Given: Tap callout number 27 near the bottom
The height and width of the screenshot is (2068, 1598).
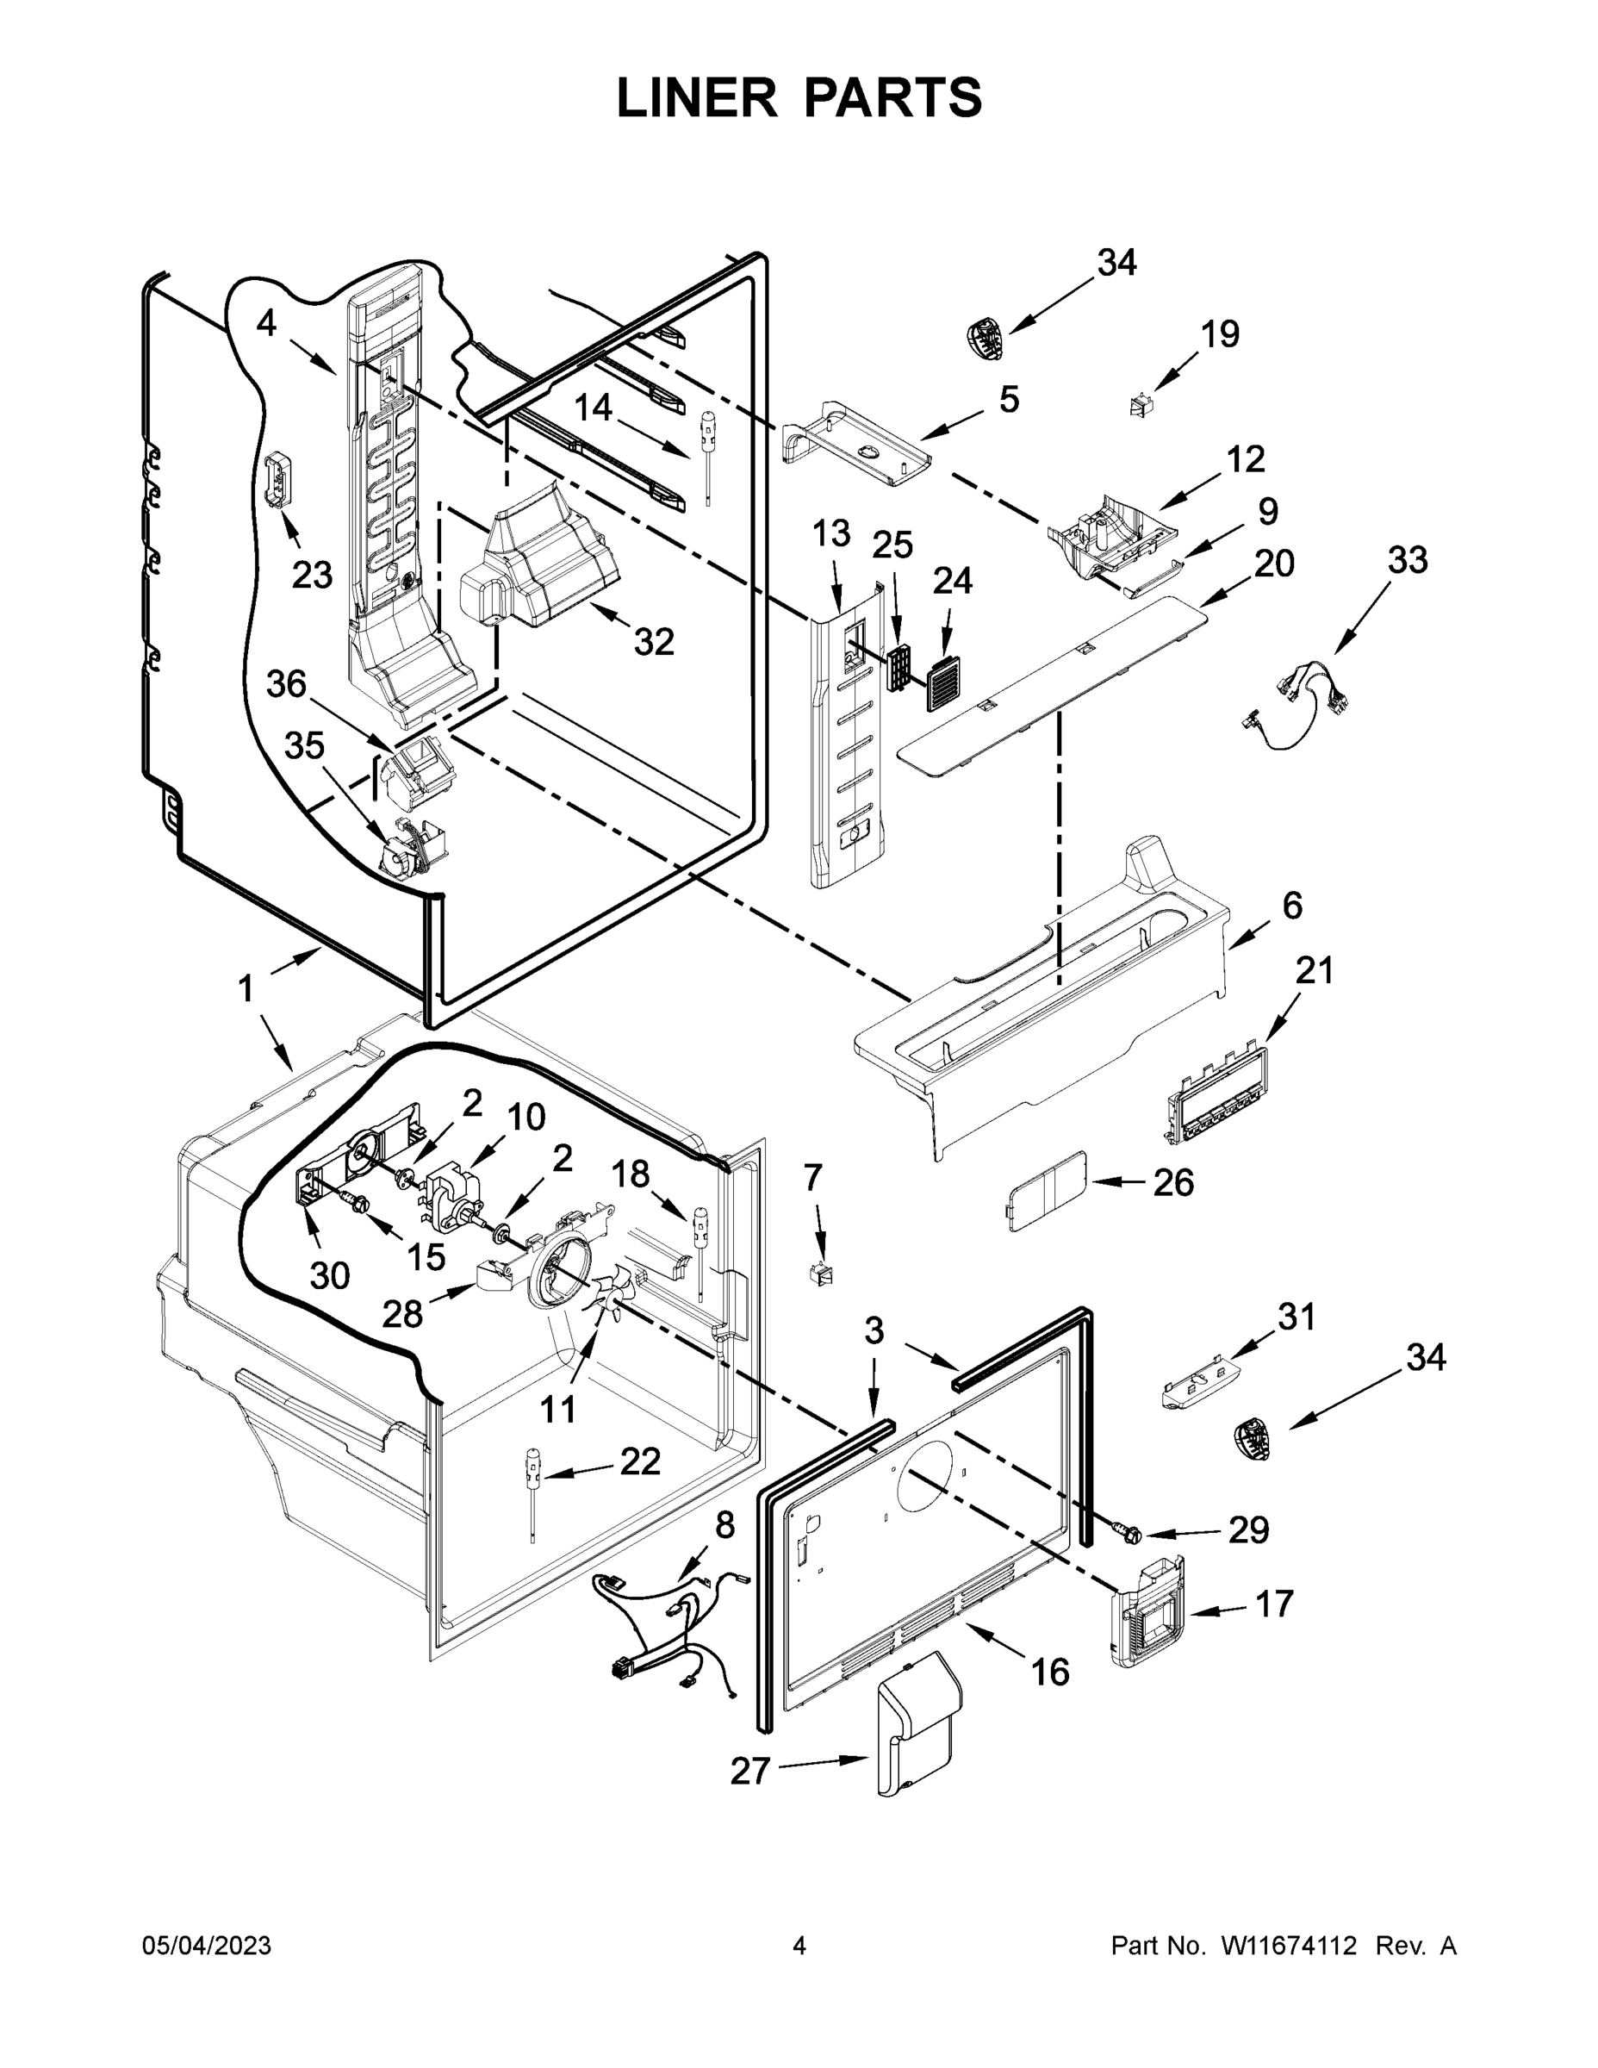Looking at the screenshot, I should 749,1770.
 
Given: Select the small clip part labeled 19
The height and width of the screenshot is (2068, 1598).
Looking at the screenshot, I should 1141,406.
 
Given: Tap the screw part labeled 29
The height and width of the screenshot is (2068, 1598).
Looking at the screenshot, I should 1126,1530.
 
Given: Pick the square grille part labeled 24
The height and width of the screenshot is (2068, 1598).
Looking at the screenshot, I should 944,664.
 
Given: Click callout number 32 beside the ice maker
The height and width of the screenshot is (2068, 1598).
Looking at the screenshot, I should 653,642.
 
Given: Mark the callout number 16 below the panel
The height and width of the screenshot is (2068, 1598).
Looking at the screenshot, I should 1049,1672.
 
